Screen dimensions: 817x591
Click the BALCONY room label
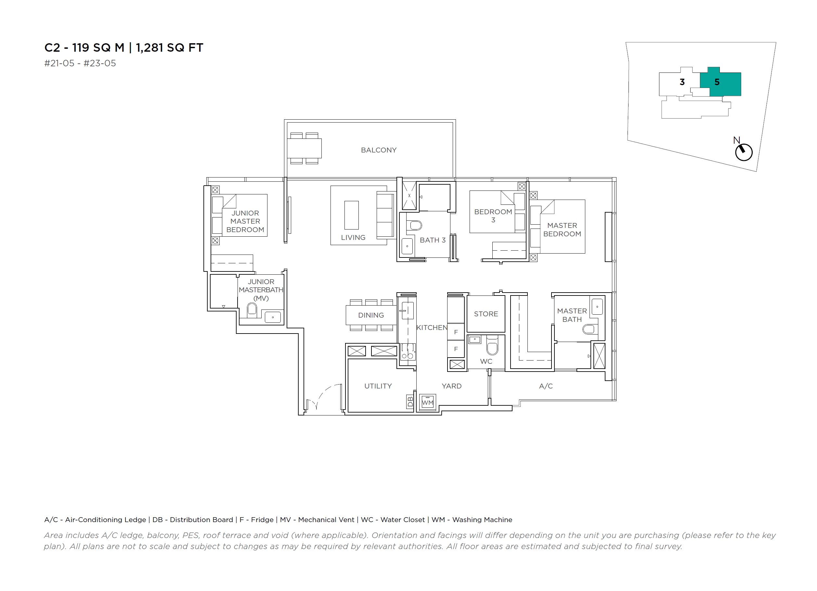379,150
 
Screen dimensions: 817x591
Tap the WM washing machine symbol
428,402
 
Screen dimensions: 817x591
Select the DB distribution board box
410,402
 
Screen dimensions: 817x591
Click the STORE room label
486,314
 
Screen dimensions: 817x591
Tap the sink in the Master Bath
597,307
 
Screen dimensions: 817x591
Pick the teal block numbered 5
720,82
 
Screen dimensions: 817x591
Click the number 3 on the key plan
682,82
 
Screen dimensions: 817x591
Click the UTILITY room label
378,386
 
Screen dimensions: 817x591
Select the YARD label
451,386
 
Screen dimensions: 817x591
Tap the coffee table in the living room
351,215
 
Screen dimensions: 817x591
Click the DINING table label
371,315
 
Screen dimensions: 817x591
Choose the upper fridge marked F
456,332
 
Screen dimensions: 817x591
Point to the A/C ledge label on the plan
546,386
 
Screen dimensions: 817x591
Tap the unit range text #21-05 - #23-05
80,63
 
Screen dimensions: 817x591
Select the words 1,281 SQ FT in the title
170,47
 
